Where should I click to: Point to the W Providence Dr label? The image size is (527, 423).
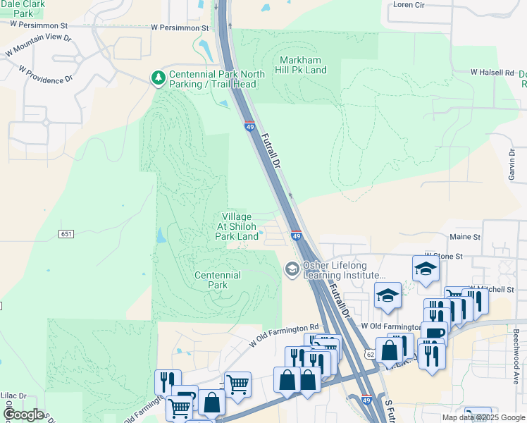coord(46,75)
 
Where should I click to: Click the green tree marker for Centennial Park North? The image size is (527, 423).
coord(159,75)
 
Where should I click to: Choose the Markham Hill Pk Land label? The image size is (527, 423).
coord(303,65)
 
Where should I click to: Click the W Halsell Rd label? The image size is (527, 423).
coord(492,73)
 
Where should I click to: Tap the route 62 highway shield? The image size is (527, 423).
coord(369,354)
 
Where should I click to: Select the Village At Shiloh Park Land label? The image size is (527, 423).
coord(237,226)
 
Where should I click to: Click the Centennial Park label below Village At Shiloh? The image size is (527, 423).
coord(218,280)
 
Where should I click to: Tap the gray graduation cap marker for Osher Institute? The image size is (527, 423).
coord(292,269)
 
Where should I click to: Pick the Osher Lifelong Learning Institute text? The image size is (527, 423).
coord(344,270)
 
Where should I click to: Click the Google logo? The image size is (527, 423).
coord(23,414)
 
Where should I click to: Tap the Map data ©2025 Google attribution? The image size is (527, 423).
coord(483,417)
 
